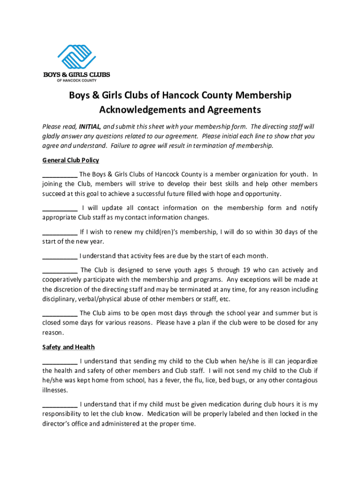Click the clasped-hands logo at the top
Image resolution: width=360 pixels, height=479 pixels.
(77, 57)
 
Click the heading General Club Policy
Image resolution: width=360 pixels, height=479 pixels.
(71, 160)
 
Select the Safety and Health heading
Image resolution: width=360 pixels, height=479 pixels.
(68, 347)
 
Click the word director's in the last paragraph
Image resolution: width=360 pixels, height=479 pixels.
(57, 423)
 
